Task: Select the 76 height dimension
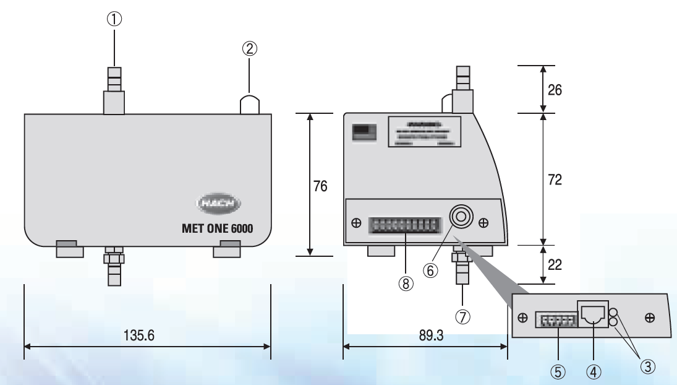[x=320, y=186]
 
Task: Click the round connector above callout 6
[x=460, y=218]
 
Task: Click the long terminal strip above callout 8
[x=405, y=224]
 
